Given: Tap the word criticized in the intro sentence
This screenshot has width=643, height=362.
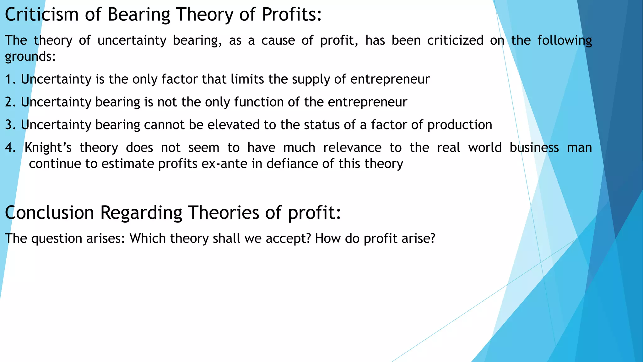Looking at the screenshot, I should (x=455, y=41).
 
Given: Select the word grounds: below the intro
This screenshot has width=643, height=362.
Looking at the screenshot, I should (x=30, y=57).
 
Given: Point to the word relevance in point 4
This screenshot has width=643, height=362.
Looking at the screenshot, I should (x=352, y=148).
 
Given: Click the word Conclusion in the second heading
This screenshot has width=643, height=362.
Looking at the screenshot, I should (x=49, y=212).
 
